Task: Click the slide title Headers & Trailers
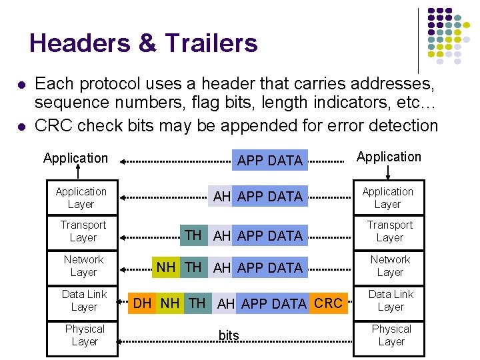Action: (x=143, y=43)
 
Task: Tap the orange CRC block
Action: (x=327, y=303)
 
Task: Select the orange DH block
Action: (x=142, y=303)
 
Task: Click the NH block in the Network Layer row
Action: (x=166, y=267)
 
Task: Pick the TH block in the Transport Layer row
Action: (x=193, y=235)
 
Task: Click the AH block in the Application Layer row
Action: (x=222, y=196)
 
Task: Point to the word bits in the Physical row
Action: (x=229, y=336)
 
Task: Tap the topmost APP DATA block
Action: (x=270, y=160)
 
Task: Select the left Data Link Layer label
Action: (x=84, y=301)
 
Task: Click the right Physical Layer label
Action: (x=391, y=335)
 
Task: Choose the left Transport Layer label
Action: (x=83, y=231)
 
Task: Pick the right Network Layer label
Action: (x=391, y=266)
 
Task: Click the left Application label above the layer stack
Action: (x=75, y=158)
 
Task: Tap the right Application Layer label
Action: (x=388, y=198)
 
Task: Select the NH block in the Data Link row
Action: (x=169, y=303)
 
